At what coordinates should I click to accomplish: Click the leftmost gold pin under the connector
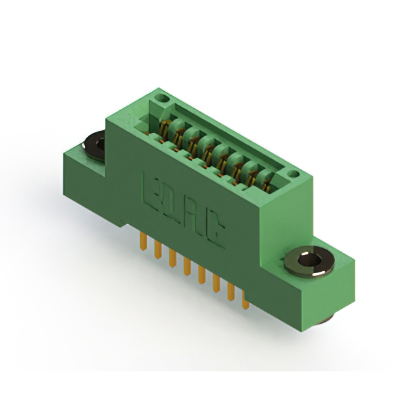pyautogui.click(x=143, y=241)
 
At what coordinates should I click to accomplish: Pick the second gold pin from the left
pyautogui.click(x=158, y=249)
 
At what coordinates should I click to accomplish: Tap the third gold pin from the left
pyautogui.click(x=173, y=257)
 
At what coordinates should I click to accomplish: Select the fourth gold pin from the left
pyautogui.click(x=187, y=266)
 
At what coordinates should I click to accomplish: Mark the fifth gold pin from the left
pyautogui.click(x=201, y=274)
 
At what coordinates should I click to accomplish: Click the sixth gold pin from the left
pyautogui.click(x=216, y=283)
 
